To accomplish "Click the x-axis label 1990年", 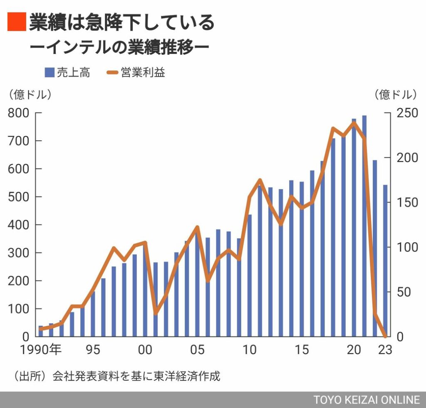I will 41,349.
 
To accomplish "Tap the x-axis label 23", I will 385,349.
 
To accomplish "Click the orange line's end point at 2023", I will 385,336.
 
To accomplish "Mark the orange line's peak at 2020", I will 354,122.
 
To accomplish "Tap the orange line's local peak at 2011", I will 260,180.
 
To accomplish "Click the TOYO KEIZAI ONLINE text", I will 367,400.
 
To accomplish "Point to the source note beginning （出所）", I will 116,377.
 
